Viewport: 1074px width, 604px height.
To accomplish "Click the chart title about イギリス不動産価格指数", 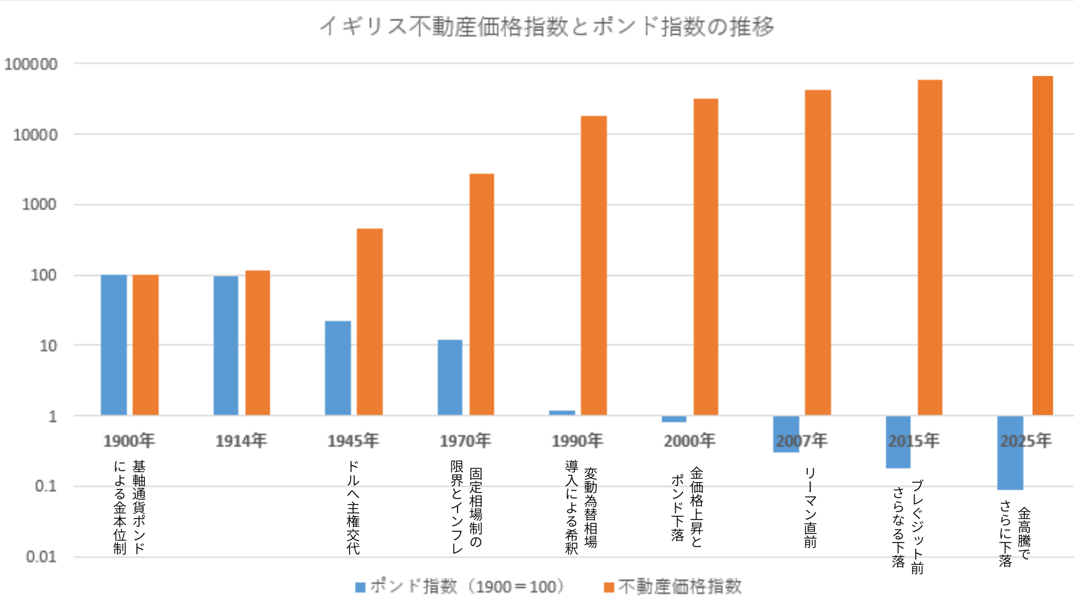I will tap(547, 26).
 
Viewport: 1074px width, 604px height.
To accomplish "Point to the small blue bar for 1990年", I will tap(562, 413).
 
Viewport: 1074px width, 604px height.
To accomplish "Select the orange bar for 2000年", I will tap(706, 257).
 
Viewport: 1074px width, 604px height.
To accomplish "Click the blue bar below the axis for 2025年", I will tap(1010, 453).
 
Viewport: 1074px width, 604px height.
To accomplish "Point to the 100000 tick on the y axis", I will tap(31, 64).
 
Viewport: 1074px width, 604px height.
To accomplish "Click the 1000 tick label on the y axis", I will tap(39, 205).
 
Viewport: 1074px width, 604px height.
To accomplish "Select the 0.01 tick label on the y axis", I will tap(41, 557).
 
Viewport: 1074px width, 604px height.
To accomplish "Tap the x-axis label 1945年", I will tap(353, 441).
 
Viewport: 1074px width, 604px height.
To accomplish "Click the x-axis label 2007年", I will tap(802, 441).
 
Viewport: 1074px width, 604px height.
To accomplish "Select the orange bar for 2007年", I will tap(818, 252).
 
